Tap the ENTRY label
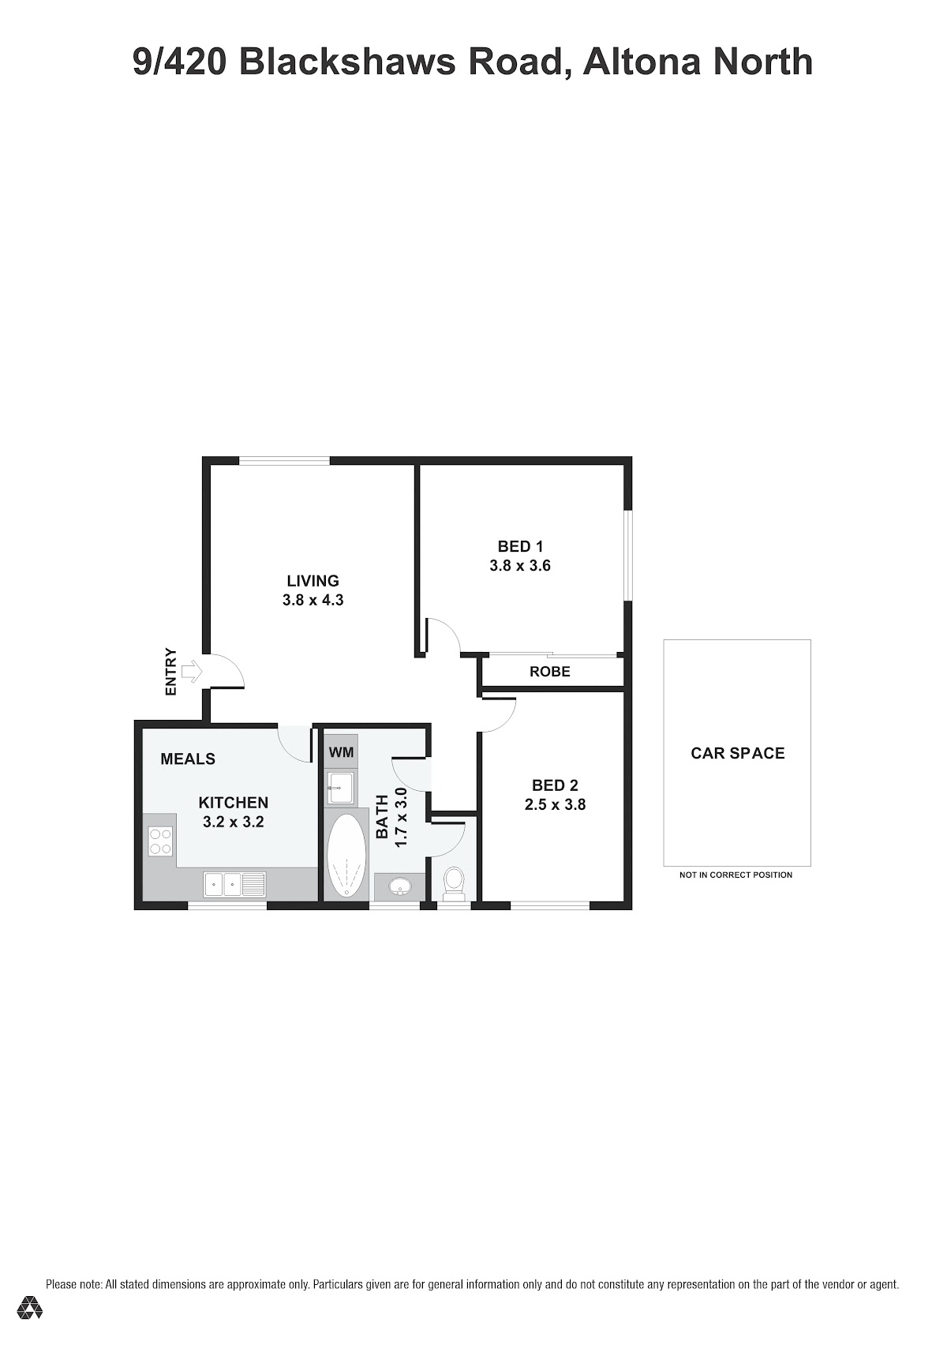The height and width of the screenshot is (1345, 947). point(171,672)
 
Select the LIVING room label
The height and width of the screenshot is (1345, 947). point(313,581)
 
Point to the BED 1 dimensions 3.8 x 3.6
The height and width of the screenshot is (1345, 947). point(520,566)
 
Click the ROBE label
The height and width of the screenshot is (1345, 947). point(550,671)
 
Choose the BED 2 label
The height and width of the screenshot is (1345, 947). point(555,785)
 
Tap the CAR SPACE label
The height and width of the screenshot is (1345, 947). point(737,753)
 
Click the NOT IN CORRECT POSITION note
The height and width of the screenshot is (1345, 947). point(736,875)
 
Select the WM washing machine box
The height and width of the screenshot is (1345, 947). point(341,751)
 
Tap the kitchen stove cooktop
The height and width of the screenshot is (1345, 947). point(160,841)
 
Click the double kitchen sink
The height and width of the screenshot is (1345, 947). point(234,885)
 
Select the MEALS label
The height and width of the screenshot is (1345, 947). point(188,759)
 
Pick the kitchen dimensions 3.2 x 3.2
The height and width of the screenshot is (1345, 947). point(234,822)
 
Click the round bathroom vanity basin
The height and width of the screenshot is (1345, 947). point(399,886)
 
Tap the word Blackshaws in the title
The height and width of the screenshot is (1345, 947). point(348,62)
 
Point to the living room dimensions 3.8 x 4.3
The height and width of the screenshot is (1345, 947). point(313,600)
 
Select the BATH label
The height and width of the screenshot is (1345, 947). point(382,817)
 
